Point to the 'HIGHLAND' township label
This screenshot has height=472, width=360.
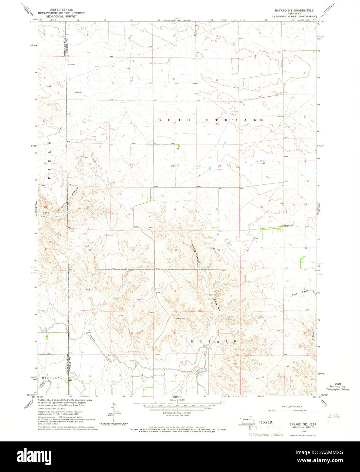[x=52, y=378]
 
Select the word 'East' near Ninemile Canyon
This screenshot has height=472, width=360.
[x=44, y=213]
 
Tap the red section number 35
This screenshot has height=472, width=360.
[x=176, y=251]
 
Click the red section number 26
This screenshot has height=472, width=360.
[x=175, y=210]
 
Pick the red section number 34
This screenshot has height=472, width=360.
[x=133, y=250]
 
